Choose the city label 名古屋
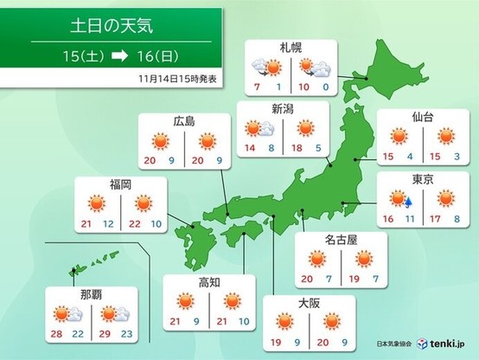[x=332, y=236]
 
